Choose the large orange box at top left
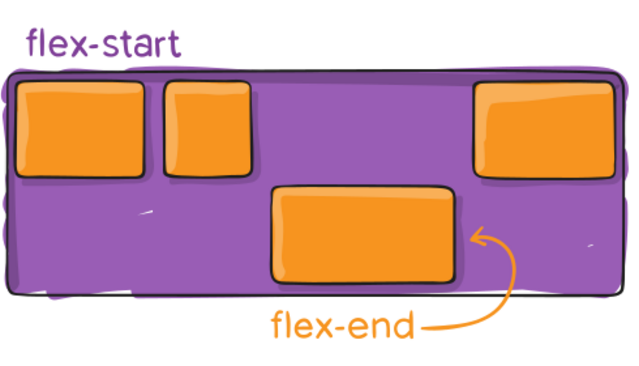tap(80, 129)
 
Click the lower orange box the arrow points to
tap(363, 235)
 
